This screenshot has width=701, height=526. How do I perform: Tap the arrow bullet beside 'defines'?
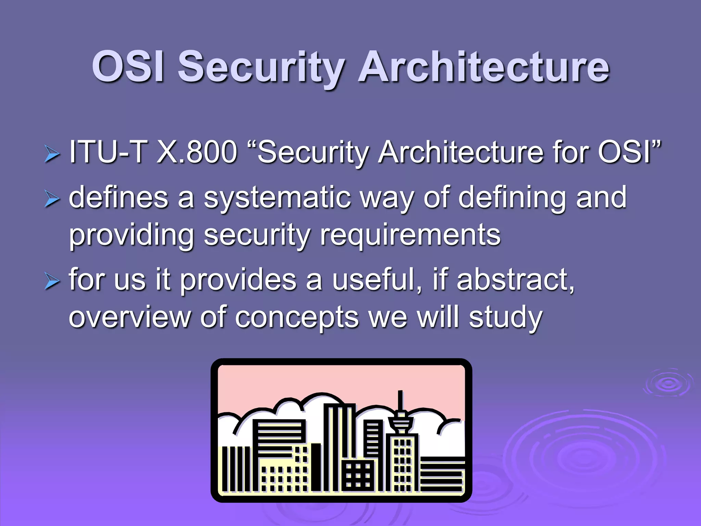click(x=52, y=199)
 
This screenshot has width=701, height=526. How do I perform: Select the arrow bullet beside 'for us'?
click(x=52, y=281)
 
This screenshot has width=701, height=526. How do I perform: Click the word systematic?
click(x=277, y=198)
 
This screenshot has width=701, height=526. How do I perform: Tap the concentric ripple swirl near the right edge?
click(x=667, y=383)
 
